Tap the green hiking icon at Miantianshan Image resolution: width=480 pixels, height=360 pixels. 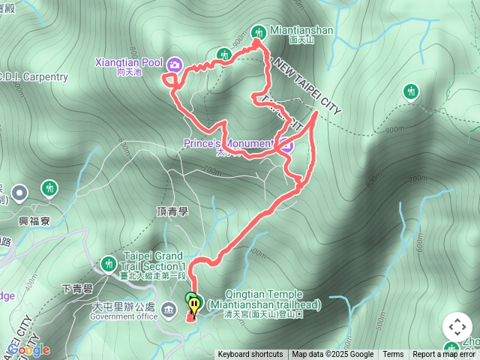click(x=259, y=31)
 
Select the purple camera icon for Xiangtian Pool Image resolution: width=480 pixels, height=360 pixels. click(x=174, y=64)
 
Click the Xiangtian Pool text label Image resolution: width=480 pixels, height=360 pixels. click(x=129, y=62)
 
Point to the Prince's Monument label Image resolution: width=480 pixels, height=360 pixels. click(x=229, y=143)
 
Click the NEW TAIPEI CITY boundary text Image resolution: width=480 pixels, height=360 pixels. click(x=307, y=86)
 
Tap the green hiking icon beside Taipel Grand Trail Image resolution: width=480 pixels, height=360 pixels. click(x=108, y=264)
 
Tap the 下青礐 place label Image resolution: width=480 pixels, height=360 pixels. click(x=75, y=288)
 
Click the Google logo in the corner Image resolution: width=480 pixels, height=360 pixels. click(x=28, y=350)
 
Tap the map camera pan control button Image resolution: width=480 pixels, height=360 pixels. click(x=457, y=327)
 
